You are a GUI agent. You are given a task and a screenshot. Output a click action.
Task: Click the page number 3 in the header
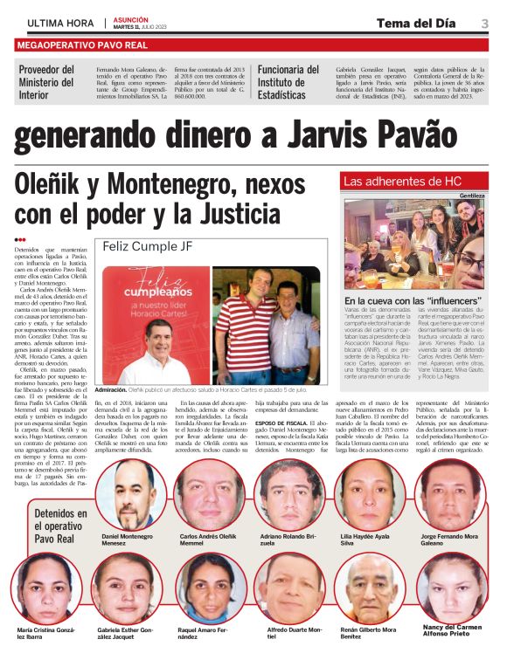coord(484,23)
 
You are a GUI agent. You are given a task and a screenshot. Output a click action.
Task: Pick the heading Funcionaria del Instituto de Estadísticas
coord(289,82)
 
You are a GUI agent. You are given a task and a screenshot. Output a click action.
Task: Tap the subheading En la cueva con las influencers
coord(410,300)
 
